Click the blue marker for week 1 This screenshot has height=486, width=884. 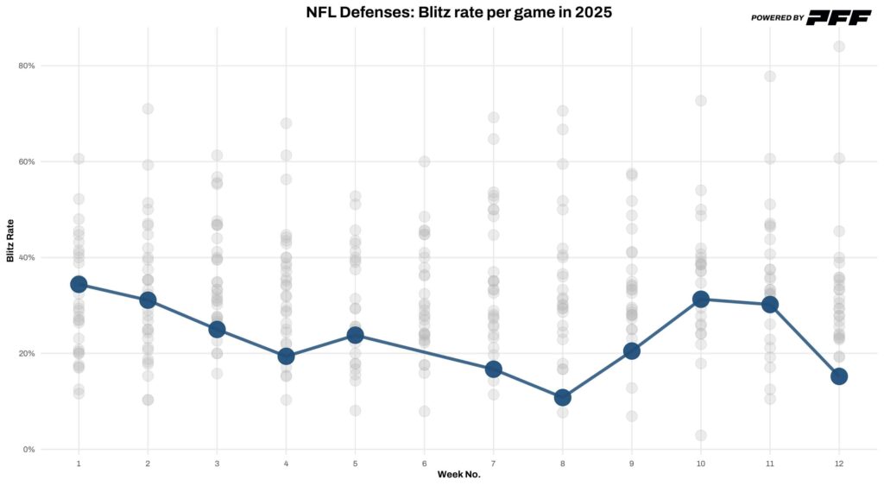(x=79, y=284)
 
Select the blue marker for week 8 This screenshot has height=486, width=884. (x=563, y=397)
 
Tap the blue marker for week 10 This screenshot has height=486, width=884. (x=701, y=299)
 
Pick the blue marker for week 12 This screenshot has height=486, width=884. (x=839, y=376)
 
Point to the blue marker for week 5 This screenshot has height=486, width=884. (x=355, y=335)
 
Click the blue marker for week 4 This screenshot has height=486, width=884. (x=286, y=356)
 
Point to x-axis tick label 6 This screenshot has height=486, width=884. (x=424, y=464)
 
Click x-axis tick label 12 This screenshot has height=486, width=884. (x=839, y=464)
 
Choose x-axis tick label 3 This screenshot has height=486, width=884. (x=217, y=464)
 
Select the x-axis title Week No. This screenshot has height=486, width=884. (x=458, y=474)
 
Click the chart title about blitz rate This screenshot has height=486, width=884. (x=459, y=12)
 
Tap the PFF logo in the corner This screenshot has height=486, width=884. (x=839, y=17)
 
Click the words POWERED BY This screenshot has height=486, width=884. (x=777, y=17)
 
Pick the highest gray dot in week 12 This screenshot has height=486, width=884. (x=839, y=47)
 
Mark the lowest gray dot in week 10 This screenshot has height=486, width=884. (x=701, y=435)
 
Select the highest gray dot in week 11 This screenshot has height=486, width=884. (x=770, y=76)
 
